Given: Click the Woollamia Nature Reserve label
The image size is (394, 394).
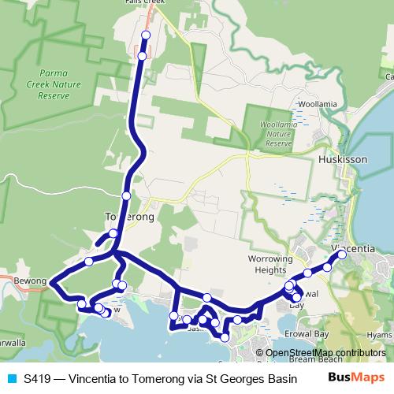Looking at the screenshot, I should [x=279, y=134].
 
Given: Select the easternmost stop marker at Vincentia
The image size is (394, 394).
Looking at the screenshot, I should [x=343, y=255].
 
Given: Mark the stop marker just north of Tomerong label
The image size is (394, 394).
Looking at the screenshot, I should [x=126, y=195].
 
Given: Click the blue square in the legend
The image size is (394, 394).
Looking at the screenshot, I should [x=11, y=378].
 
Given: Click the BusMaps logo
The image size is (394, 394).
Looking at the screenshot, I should [x=355, y=377].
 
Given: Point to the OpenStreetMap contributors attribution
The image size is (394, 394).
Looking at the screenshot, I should [x=325, y=352].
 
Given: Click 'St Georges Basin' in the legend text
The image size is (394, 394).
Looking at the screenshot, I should [x=252, y=378].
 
